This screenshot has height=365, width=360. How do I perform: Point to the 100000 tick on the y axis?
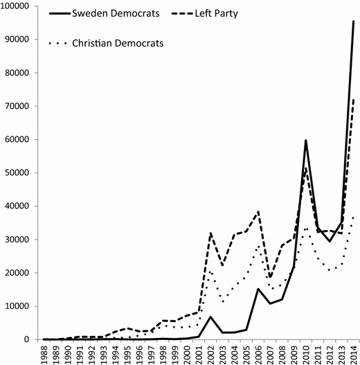coord(19,6)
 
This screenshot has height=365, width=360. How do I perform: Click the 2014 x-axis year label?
coord(354,353)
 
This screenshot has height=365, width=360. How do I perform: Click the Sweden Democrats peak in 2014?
coord(354,21)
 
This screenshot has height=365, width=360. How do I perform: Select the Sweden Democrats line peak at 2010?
coord(306,141)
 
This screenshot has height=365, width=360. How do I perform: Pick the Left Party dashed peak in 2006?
coord(258,211)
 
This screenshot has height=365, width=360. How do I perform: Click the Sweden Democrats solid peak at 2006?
coord(258,289)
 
